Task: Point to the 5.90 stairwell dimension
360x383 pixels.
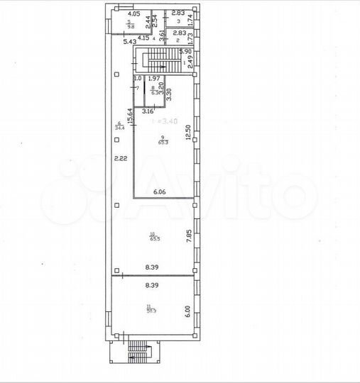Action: pyautogui.click(x=186, y=51)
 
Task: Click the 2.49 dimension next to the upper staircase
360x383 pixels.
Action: pyautogui.click(x=190, y=63)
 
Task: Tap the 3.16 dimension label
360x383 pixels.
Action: pyautogui.click(x=148, y=111)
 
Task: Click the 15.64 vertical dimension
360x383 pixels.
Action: pyautogui.click(x=129, y=115)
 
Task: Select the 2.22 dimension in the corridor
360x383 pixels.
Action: pyautogui.click(x=121, y=159)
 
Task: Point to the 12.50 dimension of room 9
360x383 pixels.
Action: pyautogui.click(x=188, y=133)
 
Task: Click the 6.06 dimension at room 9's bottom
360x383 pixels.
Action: pyautogui.click(x=160, y=191)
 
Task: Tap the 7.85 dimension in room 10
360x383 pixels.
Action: pyautogui.click(x=189, y=236)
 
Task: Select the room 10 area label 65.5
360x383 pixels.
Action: pyautogui.click(x=153, y=239)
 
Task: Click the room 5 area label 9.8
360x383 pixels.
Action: pyautogui.click(x=130, y=25)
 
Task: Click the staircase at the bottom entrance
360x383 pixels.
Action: pyautogui.click(x=134, y=352)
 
